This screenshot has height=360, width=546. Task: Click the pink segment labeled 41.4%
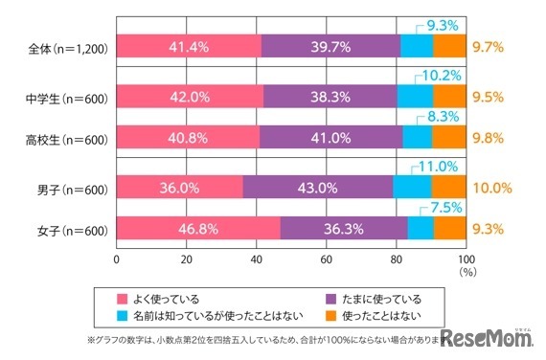(188, 45)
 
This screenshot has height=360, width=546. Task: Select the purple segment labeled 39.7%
(330, 45)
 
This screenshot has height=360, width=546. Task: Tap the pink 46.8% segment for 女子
(197, 228)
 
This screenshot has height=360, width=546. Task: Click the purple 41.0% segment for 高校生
(330, 137)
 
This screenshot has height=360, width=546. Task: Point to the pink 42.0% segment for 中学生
(190, 96)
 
